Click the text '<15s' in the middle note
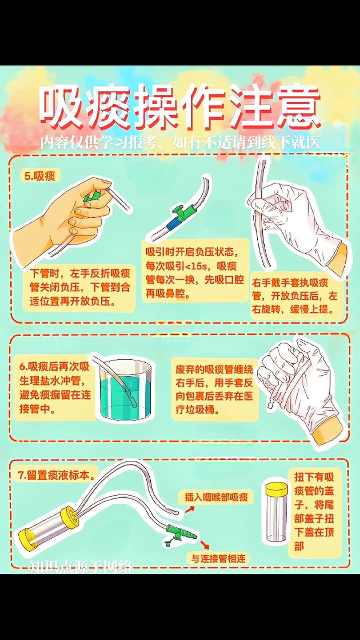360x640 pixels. click(x=196, y=266)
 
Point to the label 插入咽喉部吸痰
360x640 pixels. click(x=216, y=497)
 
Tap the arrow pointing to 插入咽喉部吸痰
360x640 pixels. click(x=189, y=509)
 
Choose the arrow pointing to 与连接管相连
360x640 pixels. click(x=205, y=544)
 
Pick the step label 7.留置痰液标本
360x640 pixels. click(x=57, y=475)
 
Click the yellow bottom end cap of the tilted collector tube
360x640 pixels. click(x=28, y=538)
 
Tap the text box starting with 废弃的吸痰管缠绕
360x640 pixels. click(x=214, y=389)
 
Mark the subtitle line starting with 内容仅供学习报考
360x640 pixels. click(x=180, y=143)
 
